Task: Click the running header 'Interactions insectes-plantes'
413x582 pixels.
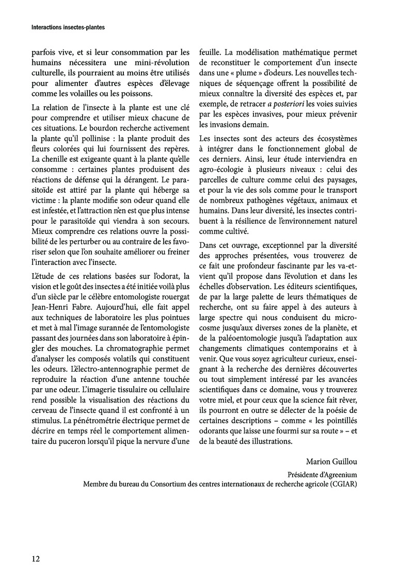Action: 65,28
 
